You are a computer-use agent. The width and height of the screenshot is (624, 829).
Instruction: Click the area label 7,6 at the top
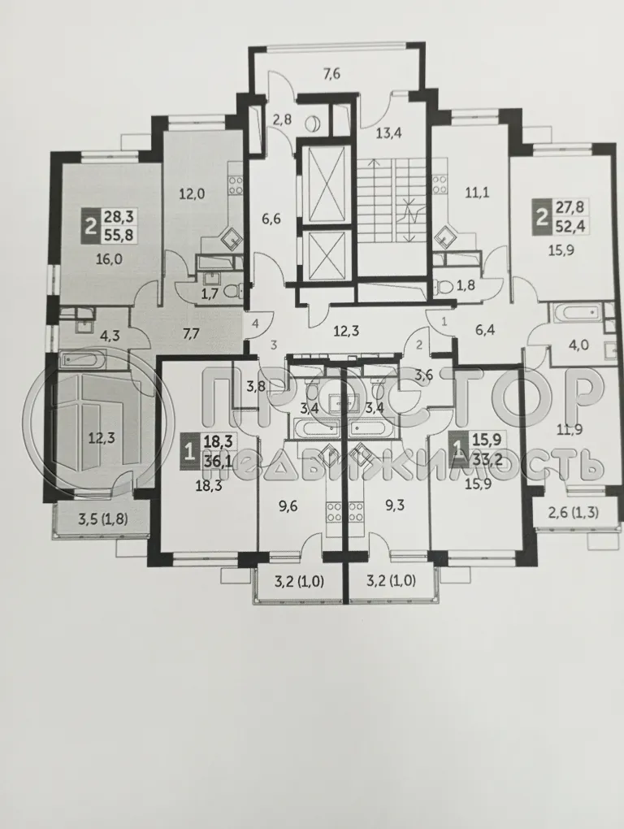[x=331, y=75]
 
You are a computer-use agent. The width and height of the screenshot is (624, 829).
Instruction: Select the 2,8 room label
[x=282, y=120]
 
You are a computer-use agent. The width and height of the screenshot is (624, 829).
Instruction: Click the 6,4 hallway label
[x=485, y=332]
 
